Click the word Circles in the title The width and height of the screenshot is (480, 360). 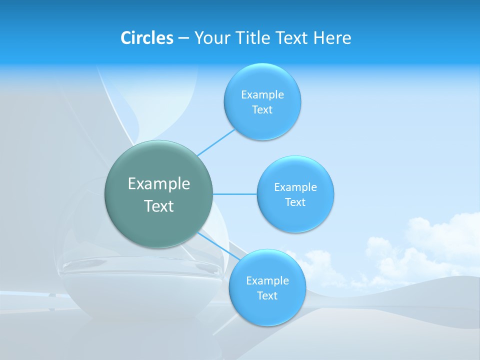pos(146,38)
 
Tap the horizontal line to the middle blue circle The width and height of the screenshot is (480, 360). pos(235,194)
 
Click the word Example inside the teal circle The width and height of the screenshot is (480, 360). pos(159,183)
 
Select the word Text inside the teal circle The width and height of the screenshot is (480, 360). pos(159,206)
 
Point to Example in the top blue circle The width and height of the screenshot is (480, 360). pos(262,94)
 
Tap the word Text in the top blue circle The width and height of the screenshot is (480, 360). pos(262,110)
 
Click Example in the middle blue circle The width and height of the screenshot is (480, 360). pos(295,187)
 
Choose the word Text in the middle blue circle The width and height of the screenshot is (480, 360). pos(295,202)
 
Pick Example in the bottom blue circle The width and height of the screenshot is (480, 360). pos(267,280)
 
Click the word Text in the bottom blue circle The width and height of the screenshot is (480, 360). pos(267,295)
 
